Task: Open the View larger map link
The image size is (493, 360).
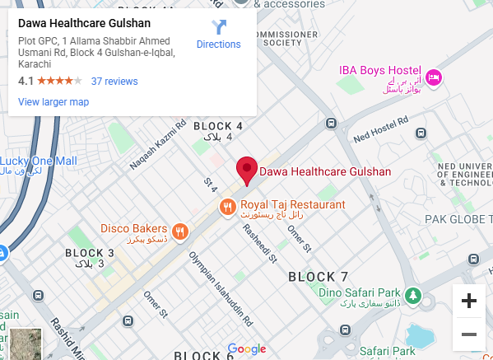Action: point(53,102)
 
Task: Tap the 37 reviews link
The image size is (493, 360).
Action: point(114,82)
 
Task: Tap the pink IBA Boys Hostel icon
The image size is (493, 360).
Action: point(435,77)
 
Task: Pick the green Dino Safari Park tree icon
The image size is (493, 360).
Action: point(412,294)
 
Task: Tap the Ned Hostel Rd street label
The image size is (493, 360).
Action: point(379,127)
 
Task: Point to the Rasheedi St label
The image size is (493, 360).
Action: point(259,244)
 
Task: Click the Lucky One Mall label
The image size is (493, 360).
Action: point(39,161)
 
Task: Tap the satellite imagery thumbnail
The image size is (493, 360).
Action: point(25,344)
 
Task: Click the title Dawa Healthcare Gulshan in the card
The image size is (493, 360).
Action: point(78,23)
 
